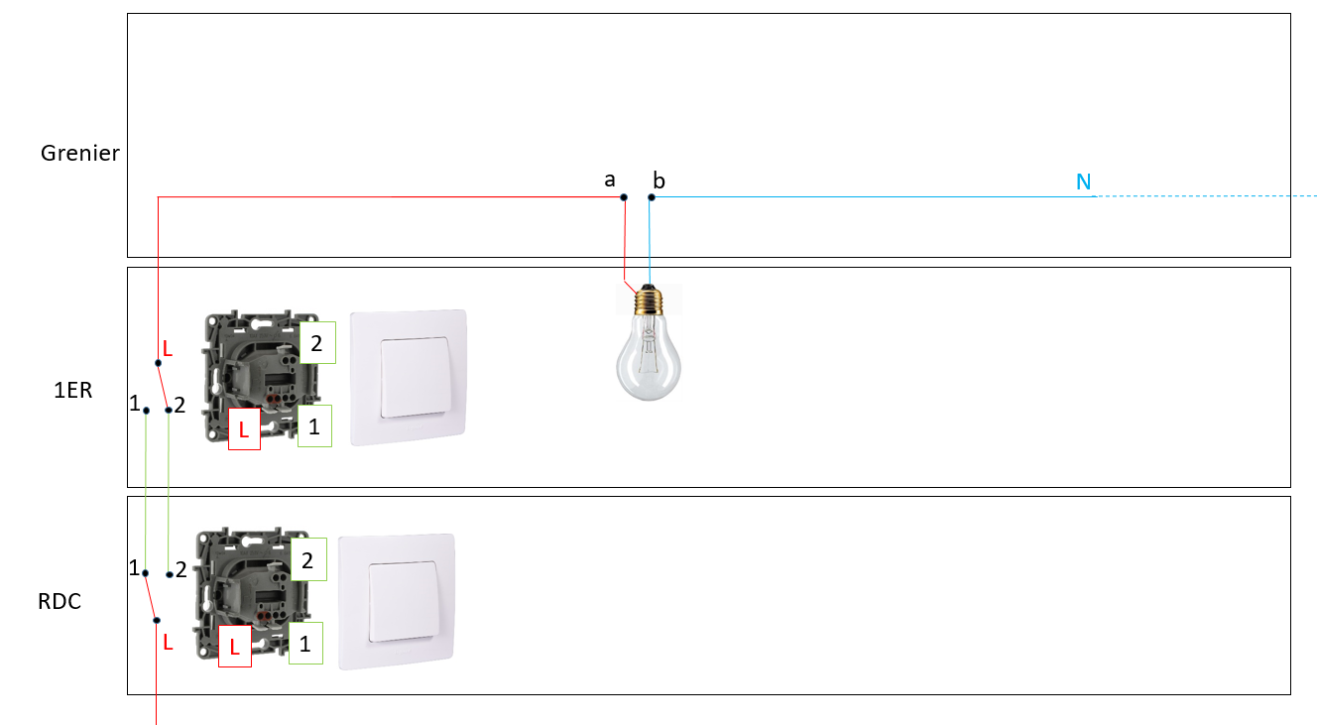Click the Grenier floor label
pyautogui.click(x=80, y=154)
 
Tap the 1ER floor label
pyautogui.click(x=73, y=390)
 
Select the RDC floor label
pyautogui.click(x=60, y=601)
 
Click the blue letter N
pyautogui.click(x=1084, y=181)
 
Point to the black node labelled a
pyautogui.click(x=624, y=197)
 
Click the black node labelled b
pyautogui.click(x=652, y=197)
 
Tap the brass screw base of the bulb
pyautogui.click(x=651, y=295)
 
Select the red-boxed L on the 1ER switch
pyautogui.click(x=244, y=429)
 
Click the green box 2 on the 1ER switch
pyautogui.click(x=317, y=343)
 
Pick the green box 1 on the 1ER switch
pyautogui.click(x=314, y=426)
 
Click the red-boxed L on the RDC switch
pyautogui.click(x=234, y=647)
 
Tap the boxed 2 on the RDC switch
pyautogui.click(x=307, y=560)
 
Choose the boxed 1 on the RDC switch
pyautogui.click(x=305, y=644)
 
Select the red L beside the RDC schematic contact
pyautogui.click(x=168, y=643)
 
